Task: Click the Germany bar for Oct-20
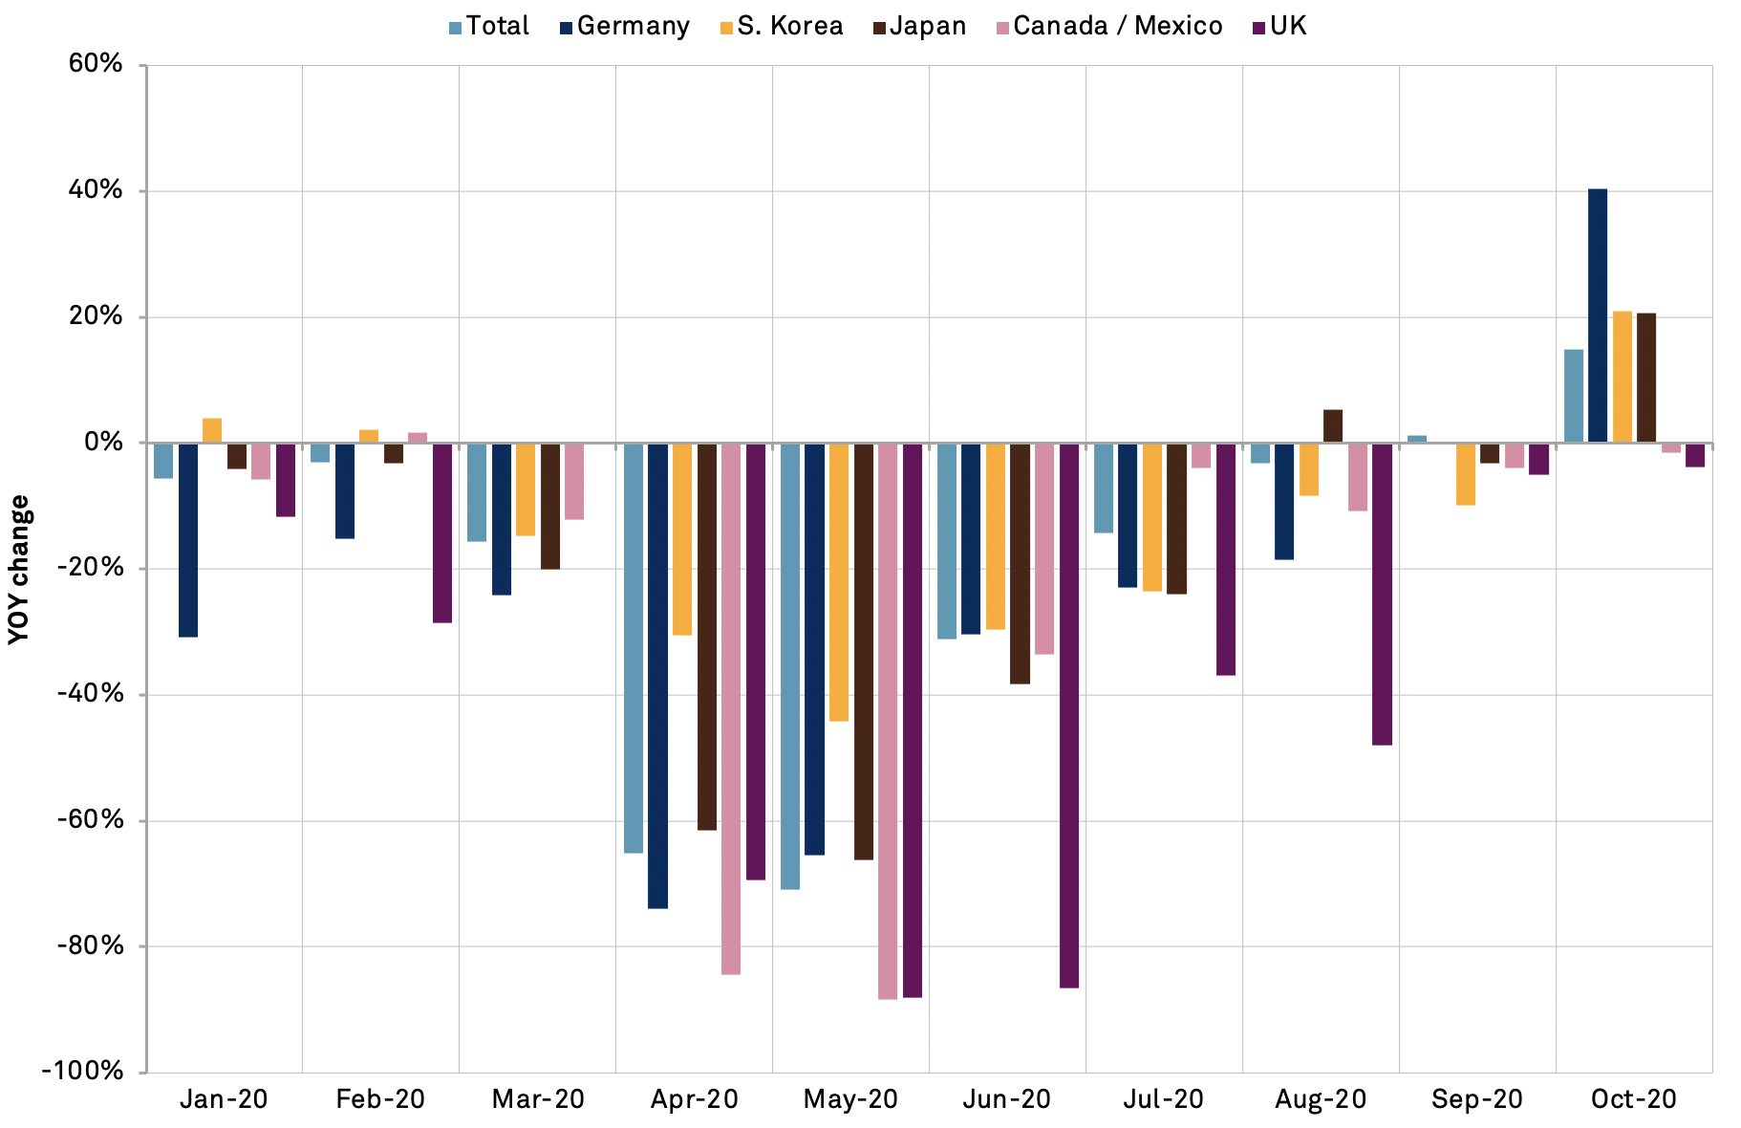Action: [x=1597, y=315]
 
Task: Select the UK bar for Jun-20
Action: [x=1069, y=715]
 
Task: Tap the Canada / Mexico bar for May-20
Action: [x=888, y=721]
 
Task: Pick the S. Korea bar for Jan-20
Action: [x=212, y=431]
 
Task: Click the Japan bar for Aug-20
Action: [x=1332, y=426]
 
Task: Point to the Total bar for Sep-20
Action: [x=1417, y=439]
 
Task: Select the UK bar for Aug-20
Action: [x=1382, y=594]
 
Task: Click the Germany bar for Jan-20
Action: [x=187, y=540]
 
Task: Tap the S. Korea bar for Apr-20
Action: [x=681, y=539]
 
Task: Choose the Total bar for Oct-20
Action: [x=1573, y=396]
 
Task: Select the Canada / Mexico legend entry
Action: [x=1108, y=26]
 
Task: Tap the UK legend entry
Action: [x=1279, y=26]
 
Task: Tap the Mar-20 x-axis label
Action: [x=538, y=1099]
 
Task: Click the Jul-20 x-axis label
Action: [x=1163, y=1099]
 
